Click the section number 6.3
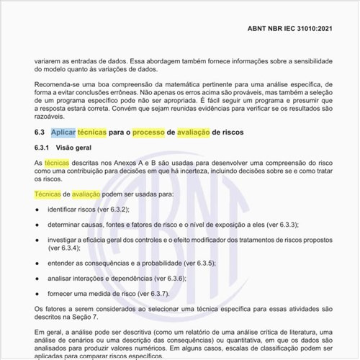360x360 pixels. click(40, 132)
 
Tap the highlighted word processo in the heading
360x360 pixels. click(148, 132)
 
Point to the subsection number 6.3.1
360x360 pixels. click(44, 148)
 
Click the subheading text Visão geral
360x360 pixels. click(76, 148)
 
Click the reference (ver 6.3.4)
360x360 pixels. click(63, 247)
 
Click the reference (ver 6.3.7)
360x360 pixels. click(148, 293)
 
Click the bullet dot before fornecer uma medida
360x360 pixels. click(37, 293)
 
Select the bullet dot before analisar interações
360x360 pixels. click(37, 278)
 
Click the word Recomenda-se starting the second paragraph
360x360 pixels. click(58, 85)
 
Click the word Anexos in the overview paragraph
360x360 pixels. click(115, 163)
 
